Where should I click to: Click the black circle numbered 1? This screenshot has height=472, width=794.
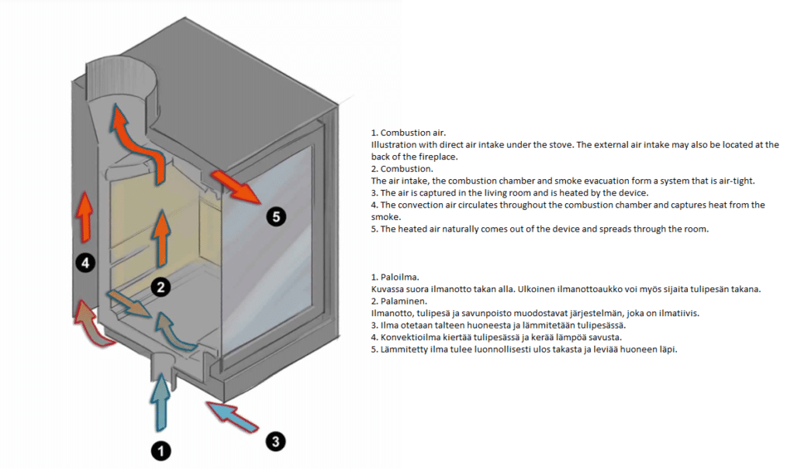(x=160, y=450)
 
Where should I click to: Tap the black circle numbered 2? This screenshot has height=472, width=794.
(x=160, y=288)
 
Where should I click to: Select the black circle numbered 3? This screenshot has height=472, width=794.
(x=275, y=442)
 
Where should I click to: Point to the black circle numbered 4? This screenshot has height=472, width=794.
(x=85, y=264)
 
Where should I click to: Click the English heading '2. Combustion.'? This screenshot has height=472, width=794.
(x=402, y=169)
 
